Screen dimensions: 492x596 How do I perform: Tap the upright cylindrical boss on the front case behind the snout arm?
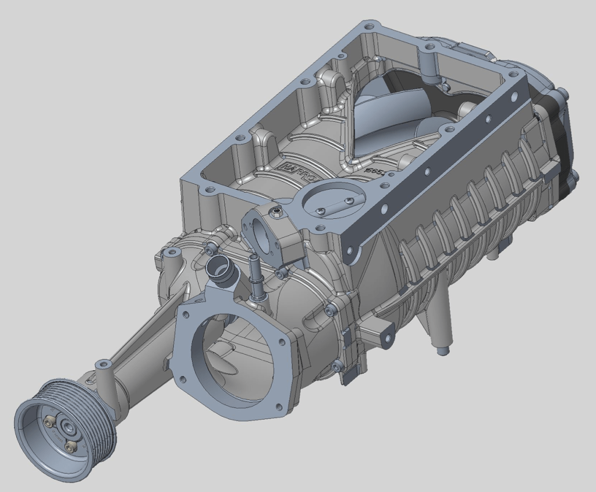coord(172,254)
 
